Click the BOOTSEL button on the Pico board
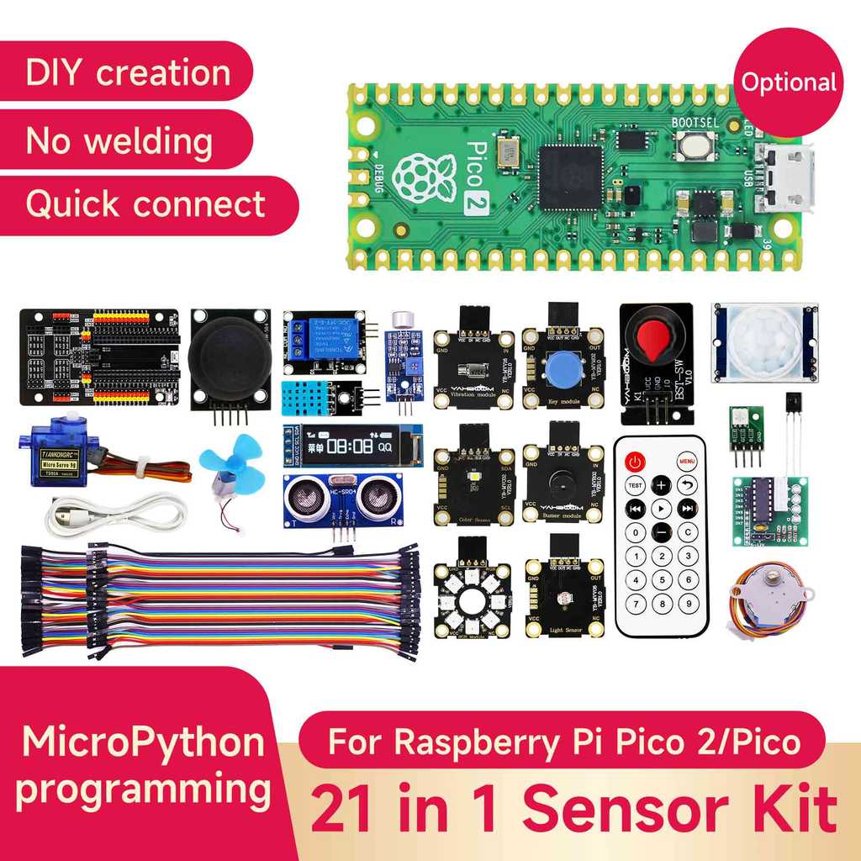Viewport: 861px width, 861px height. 695,146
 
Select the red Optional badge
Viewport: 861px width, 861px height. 788,82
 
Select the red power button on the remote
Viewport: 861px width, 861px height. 635,461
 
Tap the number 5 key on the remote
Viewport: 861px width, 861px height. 662,579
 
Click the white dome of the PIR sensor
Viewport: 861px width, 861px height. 764,341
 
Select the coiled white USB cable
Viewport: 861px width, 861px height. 114,514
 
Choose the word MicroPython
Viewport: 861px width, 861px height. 143,742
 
